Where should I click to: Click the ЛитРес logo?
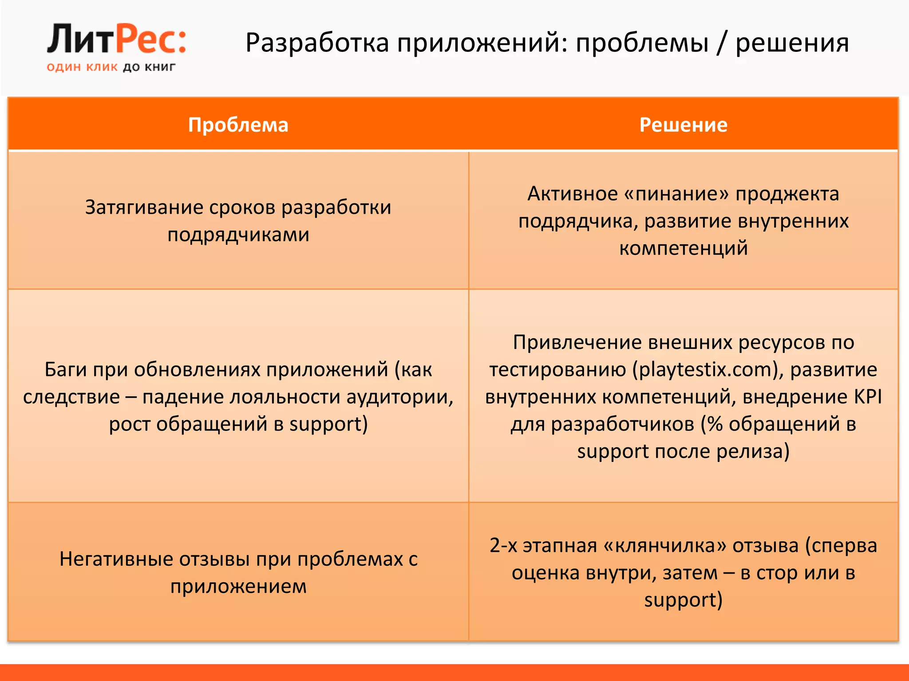point(116,40)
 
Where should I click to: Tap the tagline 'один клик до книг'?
point(111,67)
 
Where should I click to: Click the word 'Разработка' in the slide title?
point(317,43)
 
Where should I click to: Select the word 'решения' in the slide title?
point(792,43)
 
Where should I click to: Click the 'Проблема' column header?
point(238,125)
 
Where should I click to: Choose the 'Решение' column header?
point(683,125)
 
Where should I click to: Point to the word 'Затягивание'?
point(144,207)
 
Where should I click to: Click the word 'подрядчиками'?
point(238,235)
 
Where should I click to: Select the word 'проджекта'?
point(787,194)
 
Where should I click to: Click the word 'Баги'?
point(64,369)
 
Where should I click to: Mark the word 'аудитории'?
point(399,397)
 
